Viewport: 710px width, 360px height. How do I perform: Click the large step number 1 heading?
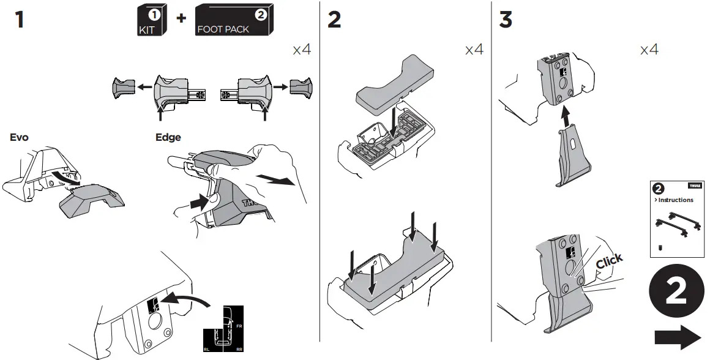pos(19,20)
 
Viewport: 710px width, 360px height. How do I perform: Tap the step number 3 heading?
pos(506,20)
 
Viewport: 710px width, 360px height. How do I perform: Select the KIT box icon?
pos(151,21)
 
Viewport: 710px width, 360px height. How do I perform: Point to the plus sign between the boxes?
pos(181,18)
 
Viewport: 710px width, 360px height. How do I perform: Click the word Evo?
pos(19,138)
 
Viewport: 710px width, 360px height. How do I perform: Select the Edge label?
pos(168,138)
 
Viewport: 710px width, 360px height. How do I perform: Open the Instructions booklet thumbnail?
pos(676,219)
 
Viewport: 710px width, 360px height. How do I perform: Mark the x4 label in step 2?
pos(474,50)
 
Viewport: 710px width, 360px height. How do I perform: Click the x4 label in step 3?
pos(649,50)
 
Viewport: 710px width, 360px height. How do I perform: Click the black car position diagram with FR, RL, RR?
pos(223,330)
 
